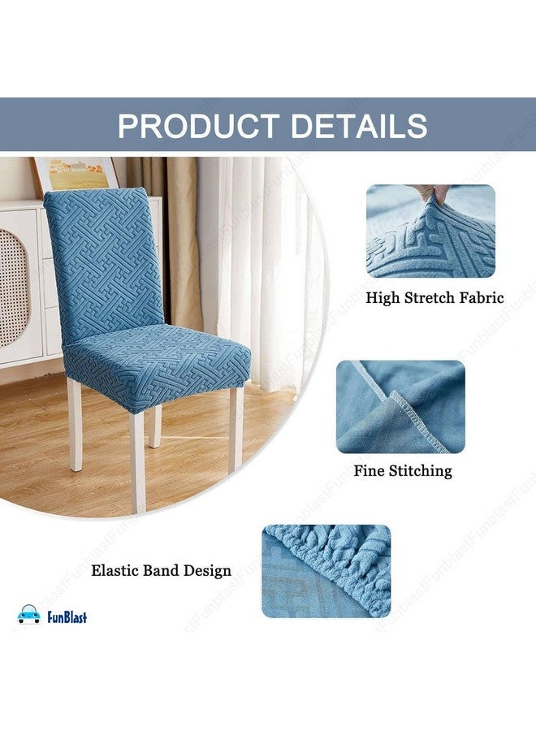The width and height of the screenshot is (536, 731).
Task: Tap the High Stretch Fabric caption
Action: (x=434, y=298)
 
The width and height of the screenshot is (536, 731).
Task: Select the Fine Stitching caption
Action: (x=402, y=471)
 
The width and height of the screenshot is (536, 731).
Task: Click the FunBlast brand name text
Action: (x=65, y=617)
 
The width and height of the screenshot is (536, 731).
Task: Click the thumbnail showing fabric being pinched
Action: (x=430, y=231)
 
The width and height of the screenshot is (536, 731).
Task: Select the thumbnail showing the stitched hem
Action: (x=400, y=406)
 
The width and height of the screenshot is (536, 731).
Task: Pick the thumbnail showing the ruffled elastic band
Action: (x=326, y=570)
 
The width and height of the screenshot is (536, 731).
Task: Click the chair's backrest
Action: (x=103, y=260)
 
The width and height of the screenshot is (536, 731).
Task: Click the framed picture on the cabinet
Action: (x=75, y=173)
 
